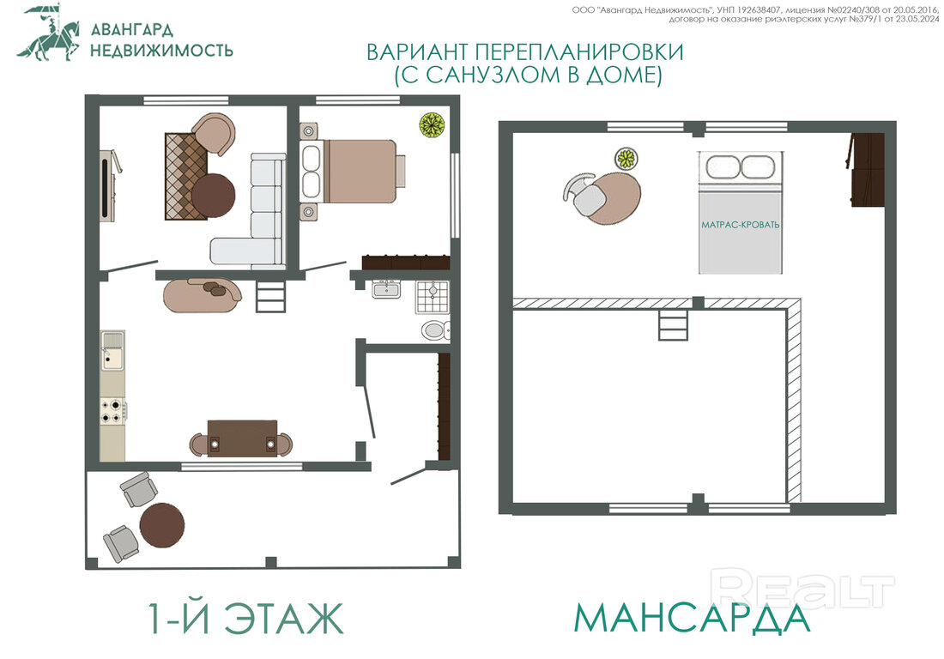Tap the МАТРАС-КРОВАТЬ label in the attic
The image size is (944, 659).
pos(740,225)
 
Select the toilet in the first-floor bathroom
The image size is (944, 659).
pos(435,329)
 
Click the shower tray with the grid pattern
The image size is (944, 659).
pos(433,297)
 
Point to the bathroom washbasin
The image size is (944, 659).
pos(386,289)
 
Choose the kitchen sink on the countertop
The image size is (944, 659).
pos(112,352)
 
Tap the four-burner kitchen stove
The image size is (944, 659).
pos(112,410)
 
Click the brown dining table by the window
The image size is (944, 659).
pos(242,438)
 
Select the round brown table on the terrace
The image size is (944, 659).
pos(162,525)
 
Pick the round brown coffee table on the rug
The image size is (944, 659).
pos(213,195)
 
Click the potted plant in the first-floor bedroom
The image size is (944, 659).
pos(432,125)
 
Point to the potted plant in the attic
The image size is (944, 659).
pos(626,159)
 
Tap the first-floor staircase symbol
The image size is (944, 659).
pos(270,297)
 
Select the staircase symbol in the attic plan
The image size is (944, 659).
pos(673,325)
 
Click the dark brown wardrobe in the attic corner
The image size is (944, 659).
pos(867,170)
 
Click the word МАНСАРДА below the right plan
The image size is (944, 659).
pos(691,618)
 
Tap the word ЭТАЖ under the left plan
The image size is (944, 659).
pos(283,618)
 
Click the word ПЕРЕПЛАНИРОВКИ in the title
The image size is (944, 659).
pos(578,52)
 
